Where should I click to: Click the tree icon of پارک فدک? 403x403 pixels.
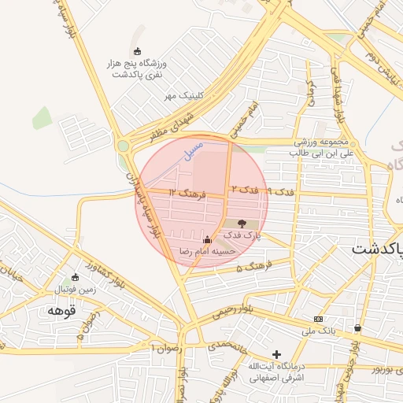(x=242, y=224)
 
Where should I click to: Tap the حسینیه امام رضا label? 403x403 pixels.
(x=205, y=250)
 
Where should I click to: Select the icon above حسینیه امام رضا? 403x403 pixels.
(x=207, y=239)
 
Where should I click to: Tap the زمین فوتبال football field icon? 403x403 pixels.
(x=76, y=277)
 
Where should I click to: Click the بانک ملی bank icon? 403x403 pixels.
(x=318, y=319)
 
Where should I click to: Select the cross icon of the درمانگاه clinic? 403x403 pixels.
(x=275, y=354)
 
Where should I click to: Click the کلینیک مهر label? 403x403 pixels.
(x=183, y=95)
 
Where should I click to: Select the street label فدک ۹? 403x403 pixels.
(x=280, y=191)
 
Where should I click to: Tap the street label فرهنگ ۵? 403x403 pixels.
(x=250, y=268)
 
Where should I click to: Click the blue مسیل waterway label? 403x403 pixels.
(x=193, y=147)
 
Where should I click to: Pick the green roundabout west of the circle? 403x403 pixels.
(x=123, y=146)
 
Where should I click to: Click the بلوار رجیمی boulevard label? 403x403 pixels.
(x=235, y=312)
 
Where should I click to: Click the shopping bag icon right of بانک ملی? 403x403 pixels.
(x=357, y=327)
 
